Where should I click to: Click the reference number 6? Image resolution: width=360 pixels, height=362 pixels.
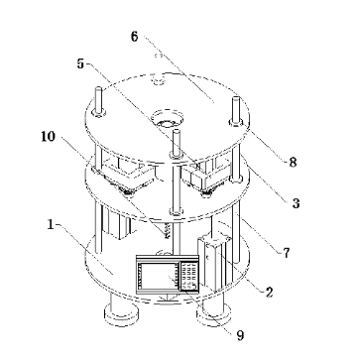134,37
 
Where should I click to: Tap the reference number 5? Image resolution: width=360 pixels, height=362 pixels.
80,63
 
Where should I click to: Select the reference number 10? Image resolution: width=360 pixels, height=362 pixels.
49,136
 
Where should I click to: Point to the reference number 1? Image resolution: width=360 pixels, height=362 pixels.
51,225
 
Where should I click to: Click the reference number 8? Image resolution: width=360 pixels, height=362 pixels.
293,162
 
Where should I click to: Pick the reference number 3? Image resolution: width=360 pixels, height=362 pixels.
296,203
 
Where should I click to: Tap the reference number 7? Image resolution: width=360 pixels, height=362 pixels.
287,253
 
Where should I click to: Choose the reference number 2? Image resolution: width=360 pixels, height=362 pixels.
269,292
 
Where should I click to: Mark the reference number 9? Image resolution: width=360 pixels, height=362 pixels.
240,335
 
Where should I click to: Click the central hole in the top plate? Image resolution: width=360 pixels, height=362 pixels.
168,119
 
